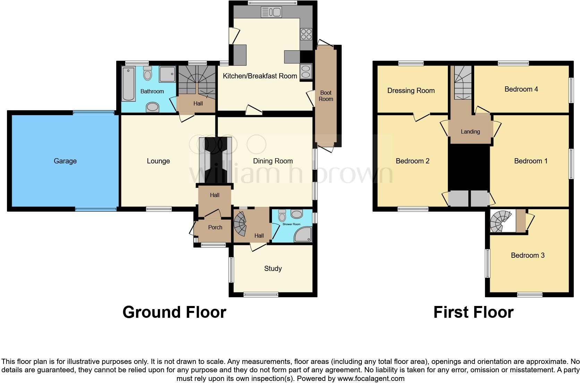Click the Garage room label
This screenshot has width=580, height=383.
point(65,161)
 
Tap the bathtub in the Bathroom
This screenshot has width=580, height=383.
point(128,84)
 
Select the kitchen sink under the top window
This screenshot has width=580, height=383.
point(271,12)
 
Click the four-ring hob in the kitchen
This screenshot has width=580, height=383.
point(306,34)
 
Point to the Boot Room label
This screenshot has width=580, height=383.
point(326,96)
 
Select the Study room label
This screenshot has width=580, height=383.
point(273,269)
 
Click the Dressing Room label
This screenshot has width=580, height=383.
point(411,91)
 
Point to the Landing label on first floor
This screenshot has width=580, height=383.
point(470,131)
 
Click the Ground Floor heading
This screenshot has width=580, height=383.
point(174,312)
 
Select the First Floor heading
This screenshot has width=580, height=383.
point(473,312)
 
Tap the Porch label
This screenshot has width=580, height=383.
point(215,227)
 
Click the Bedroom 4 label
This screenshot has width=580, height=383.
point(521,89)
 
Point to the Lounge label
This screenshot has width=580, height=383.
point(158,161)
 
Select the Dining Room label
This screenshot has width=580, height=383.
point(273,161)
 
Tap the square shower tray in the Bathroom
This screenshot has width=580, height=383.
point(167,74)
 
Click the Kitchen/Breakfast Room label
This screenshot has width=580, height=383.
point(260,76)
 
